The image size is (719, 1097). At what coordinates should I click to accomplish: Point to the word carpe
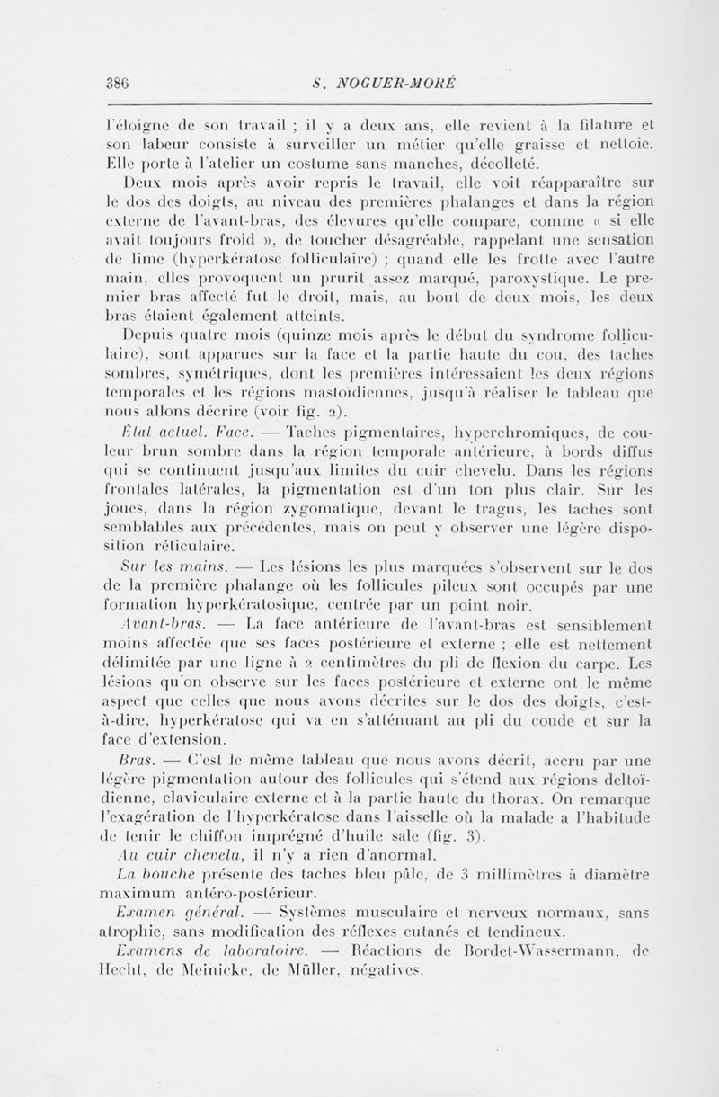605,664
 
